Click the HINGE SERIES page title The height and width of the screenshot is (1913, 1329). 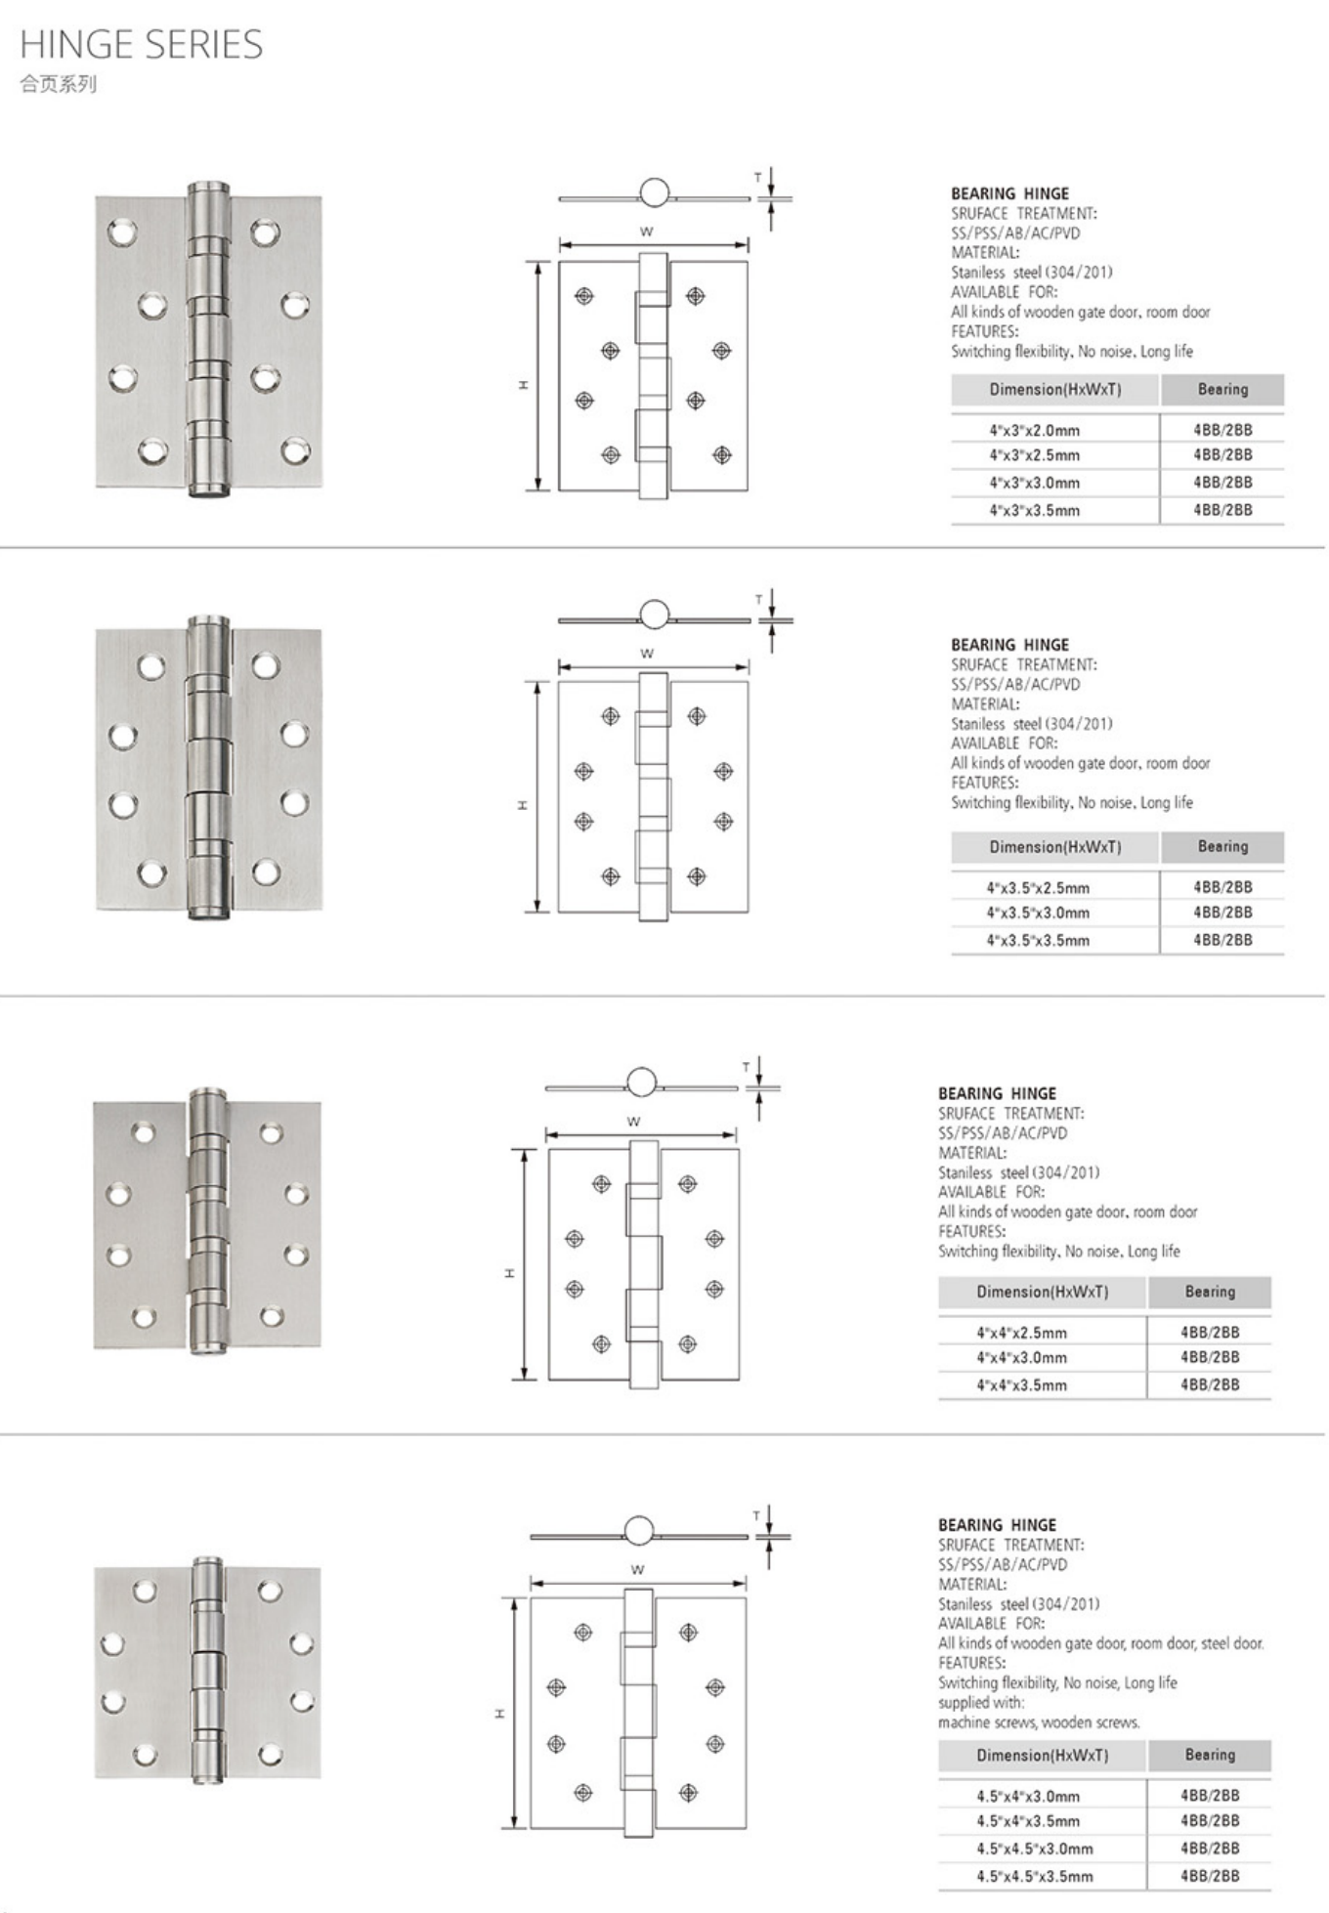click(142, 45)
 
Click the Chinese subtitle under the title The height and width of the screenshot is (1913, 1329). click(58, 84)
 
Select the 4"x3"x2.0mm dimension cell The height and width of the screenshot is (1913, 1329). click(1034, 430)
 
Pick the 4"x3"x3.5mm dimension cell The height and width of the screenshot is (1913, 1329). click(1034, 510)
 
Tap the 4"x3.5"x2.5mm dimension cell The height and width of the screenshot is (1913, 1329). click(1037, 887)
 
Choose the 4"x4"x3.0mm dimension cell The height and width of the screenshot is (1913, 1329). click(1021, 1357)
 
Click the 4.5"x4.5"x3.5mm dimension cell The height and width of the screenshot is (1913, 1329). click(1034, 1876)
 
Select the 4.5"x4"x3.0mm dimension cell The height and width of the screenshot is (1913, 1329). click(1027, 1796)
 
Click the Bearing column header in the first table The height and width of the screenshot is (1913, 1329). click(1222, 389)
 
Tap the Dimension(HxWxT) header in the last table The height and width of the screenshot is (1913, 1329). click(1042, 1755)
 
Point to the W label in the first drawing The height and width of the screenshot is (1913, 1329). click(646, 232)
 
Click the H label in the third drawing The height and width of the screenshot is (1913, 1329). click(509, 1272)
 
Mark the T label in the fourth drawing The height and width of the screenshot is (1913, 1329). click(755, 1515)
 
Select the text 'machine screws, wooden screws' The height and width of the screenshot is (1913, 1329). click(1039, 1722)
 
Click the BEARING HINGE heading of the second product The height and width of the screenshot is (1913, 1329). click(1009, 645)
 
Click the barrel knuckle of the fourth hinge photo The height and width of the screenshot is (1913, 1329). click(207, 1671)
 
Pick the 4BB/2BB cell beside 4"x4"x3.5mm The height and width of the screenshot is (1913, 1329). click(1210, 1384)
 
